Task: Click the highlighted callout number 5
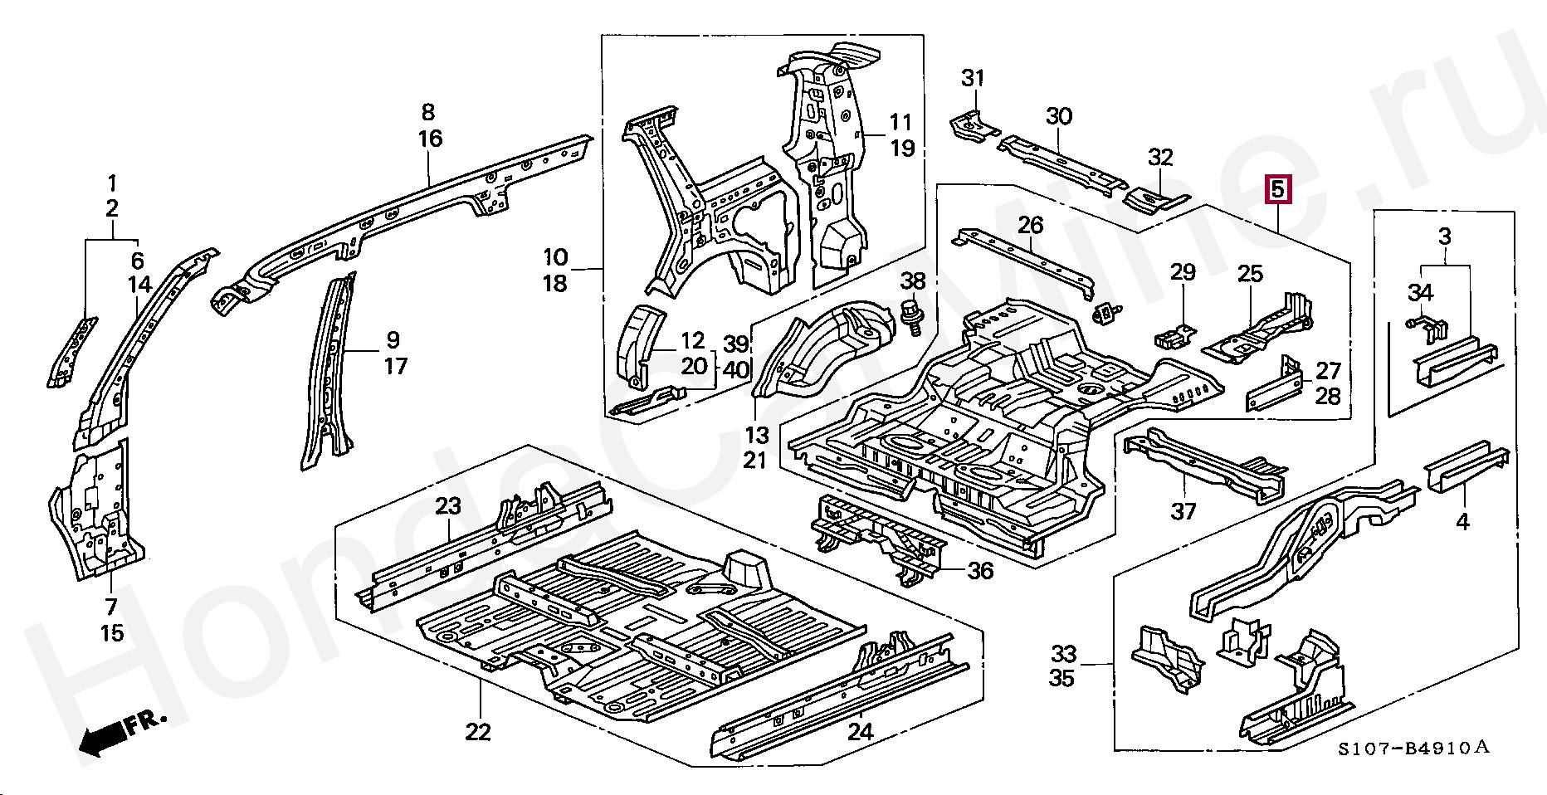1277,190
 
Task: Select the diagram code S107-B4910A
1413,749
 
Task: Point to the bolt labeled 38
911,315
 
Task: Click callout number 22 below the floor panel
478,732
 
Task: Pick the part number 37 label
1183,511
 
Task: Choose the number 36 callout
980,571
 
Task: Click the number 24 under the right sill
861,731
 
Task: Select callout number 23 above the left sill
448,506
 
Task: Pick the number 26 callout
1030,225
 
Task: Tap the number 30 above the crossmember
1058,117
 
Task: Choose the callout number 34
1420,292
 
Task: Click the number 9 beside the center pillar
393,339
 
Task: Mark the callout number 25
1250,273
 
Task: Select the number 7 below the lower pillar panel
111,607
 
